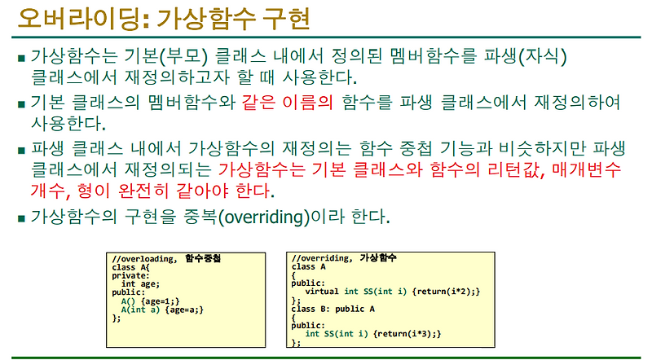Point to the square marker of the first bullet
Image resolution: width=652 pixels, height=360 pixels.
(x=21, y=58)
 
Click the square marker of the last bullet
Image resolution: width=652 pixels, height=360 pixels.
(x=21, y=218)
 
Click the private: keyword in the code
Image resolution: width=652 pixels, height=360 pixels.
(x=131, y=275)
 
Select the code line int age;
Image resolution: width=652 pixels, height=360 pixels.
(x=139, y=283)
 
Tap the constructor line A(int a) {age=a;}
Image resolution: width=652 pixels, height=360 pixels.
(x=161, y=310)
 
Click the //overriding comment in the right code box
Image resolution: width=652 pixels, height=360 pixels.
(x=323, y=258)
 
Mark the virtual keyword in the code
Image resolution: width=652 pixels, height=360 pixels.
(x=323, y=292)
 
